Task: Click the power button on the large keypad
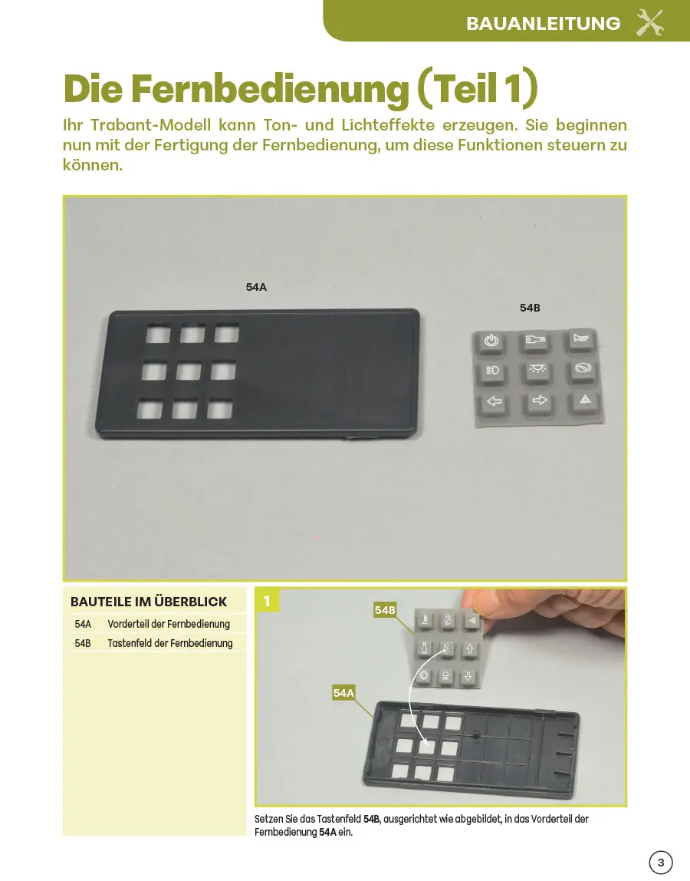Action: (491, 341)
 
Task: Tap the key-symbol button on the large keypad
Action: (535, 340)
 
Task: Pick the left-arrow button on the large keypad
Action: (494, 401)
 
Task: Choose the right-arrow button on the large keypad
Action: (539, 401)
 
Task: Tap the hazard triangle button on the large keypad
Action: (585, 400)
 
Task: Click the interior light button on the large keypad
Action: (537, 370)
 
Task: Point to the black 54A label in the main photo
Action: (256, 287)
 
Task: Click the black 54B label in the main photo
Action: (530, 308)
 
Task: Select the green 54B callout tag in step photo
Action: (385, 610)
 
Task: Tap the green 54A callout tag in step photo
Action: (343, 693)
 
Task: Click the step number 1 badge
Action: (267, 601)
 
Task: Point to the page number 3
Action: (661, 863)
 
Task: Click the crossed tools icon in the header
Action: (649, 23)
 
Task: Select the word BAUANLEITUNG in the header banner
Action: (544, 24)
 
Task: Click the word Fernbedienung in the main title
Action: (270, 88)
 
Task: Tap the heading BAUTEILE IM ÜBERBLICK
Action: (149, 602)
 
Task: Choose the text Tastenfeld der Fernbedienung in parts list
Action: (170, 643)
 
